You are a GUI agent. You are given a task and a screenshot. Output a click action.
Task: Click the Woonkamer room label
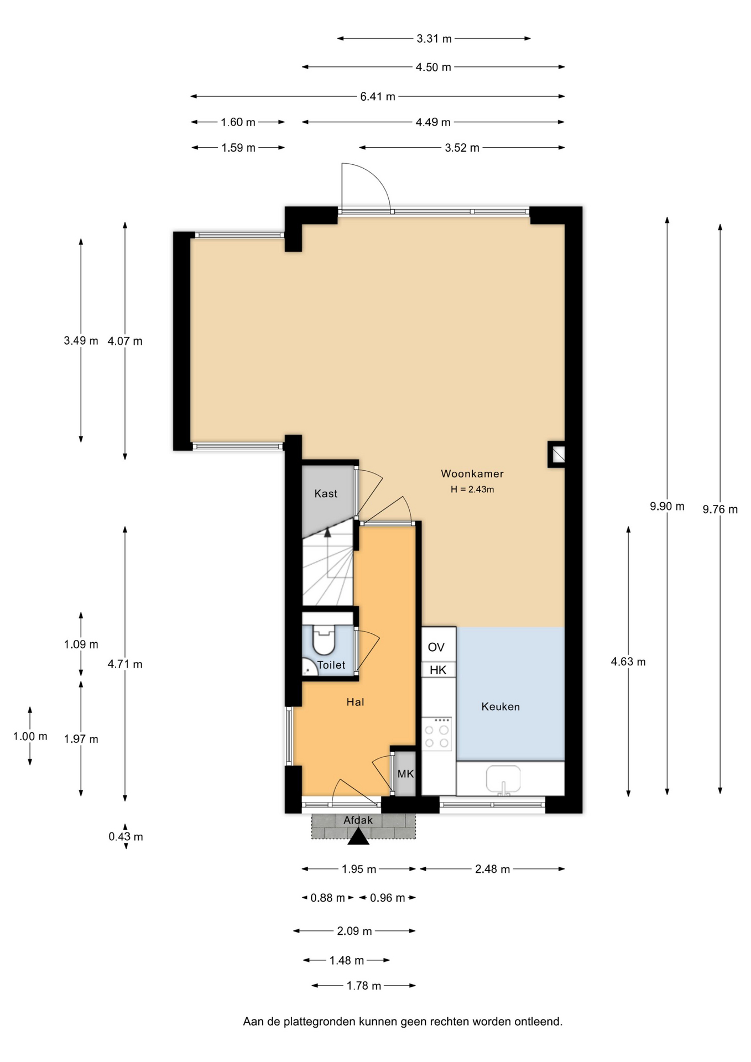pyautogui.click(x=472, y=473)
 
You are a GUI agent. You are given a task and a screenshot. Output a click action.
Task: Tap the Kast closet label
pyautogui.click(x=326, y=493)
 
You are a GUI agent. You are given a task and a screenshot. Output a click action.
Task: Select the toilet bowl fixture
pyautogui.click(x=324, y=640)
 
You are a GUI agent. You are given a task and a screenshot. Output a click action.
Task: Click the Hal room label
pyautogui.click(x=355, y=702)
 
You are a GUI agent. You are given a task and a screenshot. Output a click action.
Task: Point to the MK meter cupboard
pyautogui.click(x=405, y=774)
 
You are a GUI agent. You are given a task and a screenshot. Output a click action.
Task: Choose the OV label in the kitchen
pyautogui.click(x=436, y=647)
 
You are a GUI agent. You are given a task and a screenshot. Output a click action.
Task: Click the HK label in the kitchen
pyautogui.click(x=438, y=670)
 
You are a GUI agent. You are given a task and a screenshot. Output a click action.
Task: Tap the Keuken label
pyautogui.click(x=500, y=706)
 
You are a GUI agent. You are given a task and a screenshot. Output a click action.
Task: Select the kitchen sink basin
pyautogui.click(x=503, y=779)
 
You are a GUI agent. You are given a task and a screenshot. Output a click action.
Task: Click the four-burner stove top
pyautogui.click(x=437, y=734)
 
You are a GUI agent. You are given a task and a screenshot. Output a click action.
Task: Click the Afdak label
pyautogui.click(x=358, y=820)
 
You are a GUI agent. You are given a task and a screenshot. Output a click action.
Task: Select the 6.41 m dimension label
pyautogui.click(x=378, y=97)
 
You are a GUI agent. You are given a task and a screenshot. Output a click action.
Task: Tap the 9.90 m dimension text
pyautogui.click(x=667, y=506)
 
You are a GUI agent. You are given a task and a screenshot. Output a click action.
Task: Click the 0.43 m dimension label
pyautogui.click(x=126, y=837)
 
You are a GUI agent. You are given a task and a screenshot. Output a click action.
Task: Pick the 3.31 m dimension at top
pyautogui.click(x=434, y=39)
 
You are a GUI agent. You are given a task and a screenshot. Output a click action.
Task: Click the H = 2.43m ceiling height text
pyautogui.click(x=472, y=490)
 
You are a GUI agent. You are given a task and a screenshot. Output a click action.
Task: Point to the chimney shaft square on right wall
pyautogui.click(x=556, y=454)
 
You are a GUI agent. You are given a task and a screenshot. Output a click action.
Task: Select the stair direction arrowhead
pyautogui.click(x=327, y=533)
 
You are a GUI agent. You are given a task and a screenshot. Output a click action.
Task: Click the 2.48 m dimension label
pyautogui.click(x=492, y=870)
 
